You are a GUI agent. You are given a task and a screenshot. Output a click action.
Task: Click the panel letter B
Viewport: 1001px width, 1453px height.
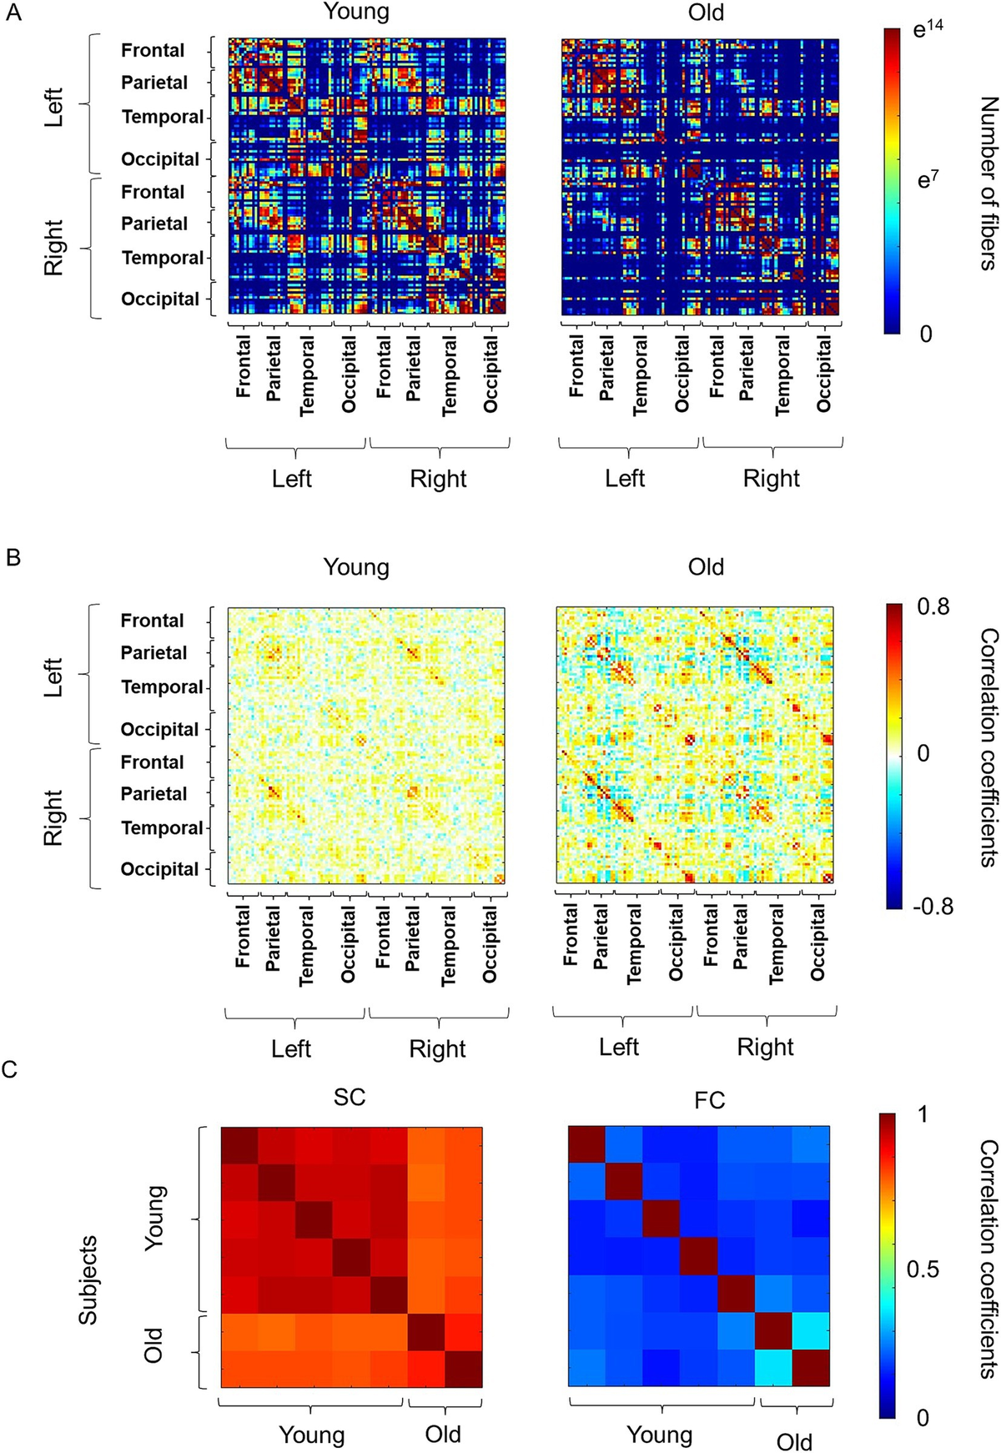pos(13,557)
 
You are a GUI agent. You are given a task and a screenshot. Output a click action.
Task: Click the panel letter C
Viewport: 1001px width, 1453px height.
pos(11,1068)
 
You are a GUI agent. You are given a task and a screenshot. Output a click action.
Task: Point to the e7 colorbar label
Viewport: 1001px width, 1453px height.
pos(928,179)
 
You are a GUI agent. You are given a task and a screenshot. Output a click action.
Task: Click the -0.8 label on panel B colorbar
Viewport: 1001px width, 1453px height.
pos(933,906)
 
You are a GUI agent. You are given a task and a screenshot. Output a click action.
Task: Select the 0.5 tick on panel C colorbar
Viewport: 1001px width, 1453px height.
pos(923,1269)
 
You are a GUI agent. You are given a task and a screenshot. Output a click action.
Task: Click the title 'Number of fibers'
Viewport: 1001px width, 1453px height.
pos(988,184)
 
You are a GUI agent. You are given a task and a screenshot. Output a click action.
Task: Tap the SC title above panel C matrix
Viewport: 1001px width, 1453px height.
pos(350,1097)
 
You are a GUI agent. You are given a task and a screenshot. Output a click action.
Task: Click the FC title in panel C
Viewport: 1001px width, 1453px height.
pos(709,1100)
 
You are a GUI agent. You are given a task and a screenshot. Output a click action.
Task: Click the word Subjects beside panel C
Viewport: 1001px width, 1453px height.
pos(88,1280)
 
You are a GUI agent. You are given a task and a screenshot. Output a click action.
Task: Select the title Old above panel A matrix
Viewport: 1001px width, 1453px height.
pos(706,13)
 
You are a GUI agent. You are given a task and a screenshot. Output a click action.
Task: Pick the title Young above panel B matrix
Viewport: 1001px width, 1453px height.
pos(356,567)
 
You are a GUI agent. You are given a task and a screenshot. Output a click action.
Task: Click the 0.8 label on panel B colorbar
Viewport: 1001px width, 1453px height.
pos(933,606)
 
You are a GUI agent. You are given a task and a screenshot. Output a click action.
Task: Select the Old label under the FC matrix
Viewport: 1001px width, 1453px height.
pos(793,1442)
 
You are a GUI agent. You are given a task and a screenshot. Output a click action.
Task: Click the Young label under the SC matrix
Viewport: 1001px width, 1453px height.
pos(311,1435)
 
